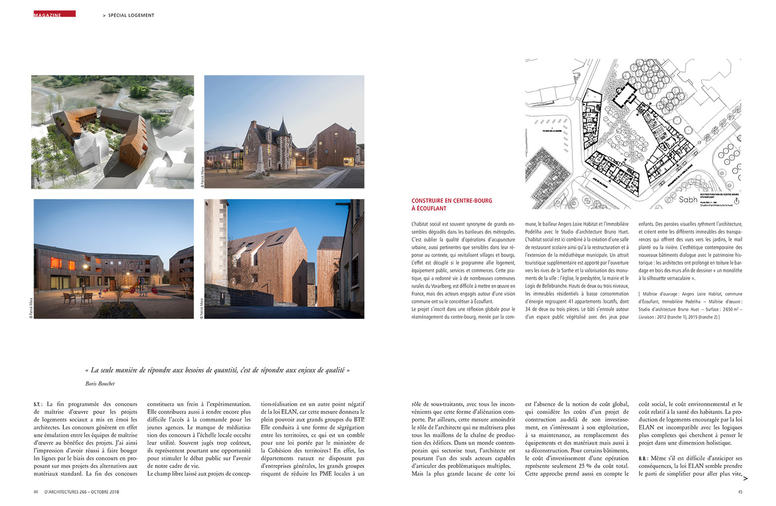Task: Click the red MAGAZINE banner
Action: point(54,14)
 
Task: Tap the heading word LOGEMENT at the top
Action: point(141,15)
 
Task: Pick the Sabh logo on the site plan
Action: point(688,200)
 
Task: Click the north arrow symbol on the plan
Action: point(736,201)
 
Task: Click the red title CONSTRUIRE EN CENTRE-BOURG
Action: point(451,201)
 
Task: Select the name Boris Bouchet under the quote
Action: point(100,383)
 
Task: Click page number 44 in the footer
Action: point(36,492)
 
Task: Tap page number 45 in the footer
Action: point(739,492)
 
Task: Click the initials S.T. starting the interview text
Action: point(38,404)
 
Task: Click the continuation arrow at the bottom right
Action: point(745,478)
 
